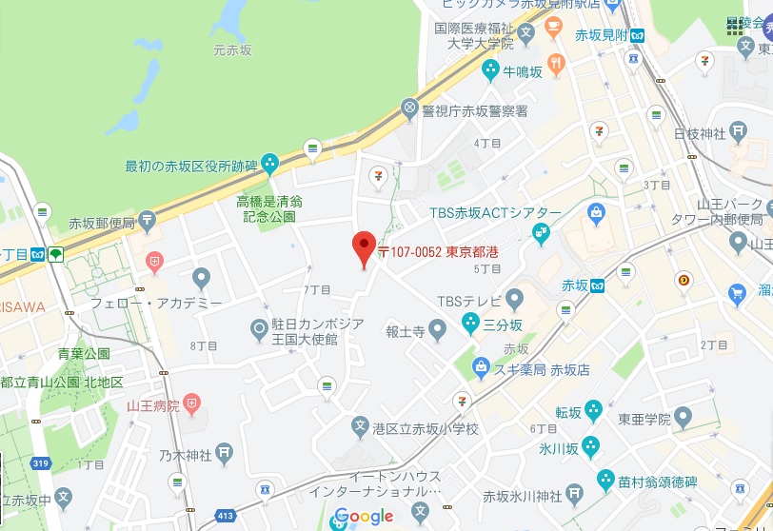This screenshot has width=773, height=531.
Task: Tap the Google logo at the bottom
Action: pos(364,517)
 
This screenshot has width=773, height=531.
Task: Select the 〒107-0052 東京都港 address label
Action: pos(439,253)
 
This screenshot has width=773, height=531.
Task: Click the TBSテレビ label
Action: pos(468,302)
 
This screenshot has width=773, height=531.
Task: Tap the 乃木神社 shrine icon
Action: pos(224,454)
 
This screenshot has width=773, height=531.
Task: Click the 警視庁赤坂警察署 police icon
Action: pos(410,110)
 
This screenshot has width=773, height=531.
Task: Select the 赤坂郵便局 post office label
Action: pos(102,224)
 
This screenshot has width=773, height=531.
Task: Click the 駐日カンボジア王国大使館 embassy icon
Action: pos(259,331)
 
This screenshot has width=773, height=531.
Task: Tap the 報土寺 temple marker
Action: pos(437,331)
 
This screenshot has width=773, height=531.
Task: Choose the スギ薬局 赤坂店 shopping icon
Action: pos(481,367)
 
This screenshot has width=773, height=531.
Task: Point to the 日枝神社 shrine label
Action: pos(700,133)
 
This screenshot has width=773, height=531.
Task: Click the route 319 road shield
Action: pos(38,463)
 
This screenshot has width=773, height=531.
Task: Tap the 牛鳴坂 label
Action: pos(523,70)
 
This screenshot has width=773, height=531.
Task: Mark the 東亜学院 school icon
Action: pos(684,418)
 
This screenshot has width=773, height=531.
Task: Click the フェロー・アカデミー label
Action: pos(155,303)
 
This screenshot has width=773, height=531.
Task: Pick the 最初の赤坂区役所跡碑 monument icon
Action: pos(269,165)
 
